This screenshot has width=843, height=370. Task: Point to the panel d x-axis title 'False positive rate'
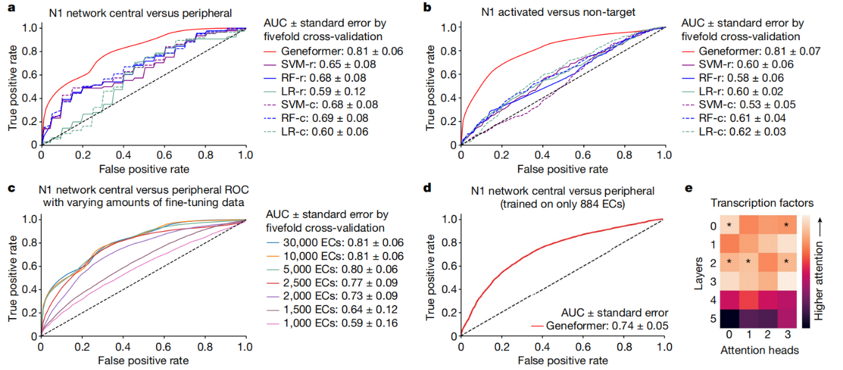(x=562, y=360)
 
